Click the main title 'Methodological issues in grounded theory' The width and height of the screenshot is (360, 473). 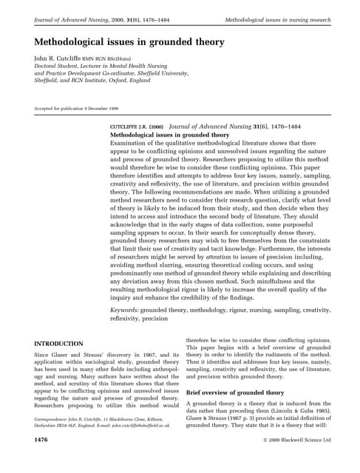point(129,42)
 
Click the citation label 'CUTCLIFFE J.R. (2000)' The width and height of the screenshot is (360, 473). point(137,128)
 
